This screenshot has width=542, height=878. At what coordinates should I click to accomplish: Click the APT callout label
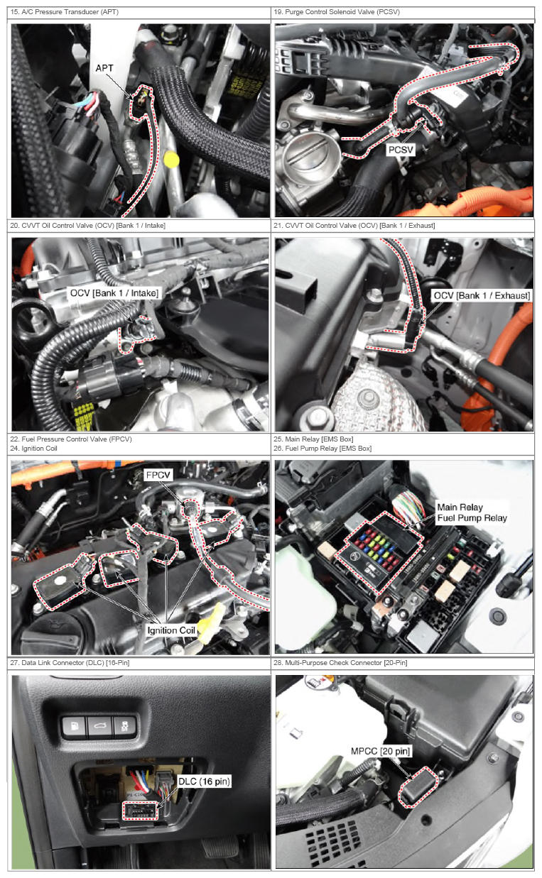[x=104, y=68]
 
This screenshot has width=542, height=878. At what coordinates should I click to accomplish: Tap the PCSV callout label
[x=401, y=150]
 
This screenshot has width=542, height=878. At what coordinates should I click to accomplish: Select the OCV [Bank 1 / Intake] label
[x=114, y=293]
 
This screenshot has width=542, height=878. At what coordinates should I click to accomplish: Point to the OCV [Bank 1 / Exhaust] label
[x=482, y=295]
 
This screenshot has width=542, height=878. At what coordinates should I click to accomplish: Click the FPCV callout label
[x=158, y=475]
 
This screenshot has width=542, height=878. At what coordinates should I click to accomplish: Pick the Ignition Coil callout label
[x=171, y=630]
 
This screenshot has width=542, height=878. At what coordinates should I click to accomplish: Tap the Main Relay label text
[x=460, y=507]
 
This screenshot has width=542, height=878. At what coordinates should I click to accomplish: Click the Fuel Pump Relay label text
[x=472, y=517]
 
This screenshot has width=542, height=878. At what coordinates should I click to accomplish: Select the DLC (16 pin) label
[x=204, y=781]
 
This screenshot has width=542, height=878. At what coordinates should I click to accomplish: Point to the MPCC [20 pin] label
[x=380, y=751]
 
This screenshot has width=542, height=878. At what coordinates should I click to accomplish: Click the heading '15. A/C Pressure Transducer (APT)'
[x=65, y=12]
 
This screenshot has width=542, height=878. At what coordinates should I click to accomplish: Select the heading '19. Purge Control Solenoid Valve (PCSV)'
[x=337, y=12]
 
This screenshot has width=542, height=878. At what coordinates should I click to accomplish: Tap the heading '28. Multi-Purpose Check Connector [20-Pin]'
[x=340, y=662]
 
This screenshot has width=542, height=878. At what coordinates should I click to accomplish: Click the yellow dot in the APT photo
[x=171, y=160]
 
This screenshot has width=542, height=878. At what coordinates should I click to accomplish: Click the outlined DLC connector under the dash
[x=141, y=810]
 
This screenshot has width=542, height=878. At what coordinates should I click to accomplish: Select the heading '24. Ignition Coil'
[x=33, y=448]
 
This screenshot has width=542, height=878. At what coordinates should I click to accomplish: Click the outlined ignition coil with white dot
[x=64, y=580]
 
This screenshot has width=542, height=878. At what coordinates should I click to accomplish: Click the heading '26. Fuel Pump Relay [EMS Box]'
[x=323, y=448]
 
